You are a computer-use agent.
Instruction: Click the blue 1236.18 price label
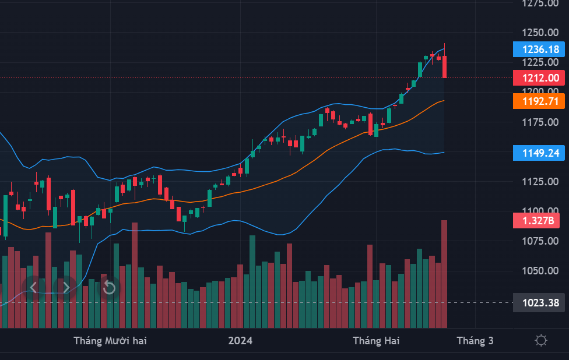click(x=539, y=49)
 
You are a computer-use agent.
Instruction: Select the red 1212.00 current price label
click(x=539, y=77)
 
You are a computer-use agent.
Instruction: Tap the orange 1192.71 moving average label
click(x=539, y=101)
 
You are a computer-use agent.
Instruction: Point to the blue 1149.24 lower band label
click(x=539, y=153)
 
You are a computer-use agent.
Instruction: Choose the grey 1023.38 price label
click(x=539, y=303)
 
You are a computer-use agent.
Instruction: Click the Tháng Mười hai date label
click(x=110, y=341)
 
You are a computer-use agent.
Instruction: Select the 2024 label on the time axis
click(x=240, y=341)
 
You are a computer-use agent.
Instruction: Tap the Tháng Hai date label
click(x=376, y=341)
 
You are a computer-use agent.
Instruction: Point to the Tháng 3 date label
click(x=475, y=341)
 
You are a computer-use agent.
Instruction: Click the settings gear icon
click(x=541, y=341)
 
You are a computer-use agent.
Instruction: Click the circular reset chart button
click(x=109, y=287)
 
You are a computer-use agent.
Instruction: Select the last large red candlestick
click(x=445, y=66)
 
